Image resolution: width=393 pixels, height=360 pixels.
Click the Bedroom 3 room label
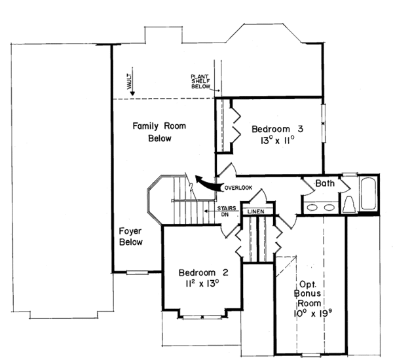coord(277,129)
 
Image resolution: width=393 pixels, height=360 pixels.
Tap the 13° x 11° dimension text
coord(277,141)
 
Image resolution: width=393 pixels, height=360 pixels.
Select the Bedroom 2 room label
coord(204,272)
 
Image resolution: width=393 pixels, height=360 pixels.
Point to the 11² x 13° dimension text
coord(202,283)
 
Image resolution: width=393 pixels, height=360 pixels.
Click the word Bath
coord(325,183)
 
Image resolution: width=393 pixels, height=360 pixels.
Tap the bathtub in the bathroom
coord(368,193)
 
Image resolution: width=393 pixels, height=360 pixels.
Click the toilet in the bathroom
coord(349,204)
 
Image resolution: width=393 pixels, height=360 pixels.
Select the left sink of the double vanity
coord(312,207)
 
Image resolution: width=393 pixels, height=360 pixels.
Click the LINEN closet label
coord(255,211)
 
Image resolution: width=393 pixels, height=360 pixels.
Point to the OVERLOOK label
coord(238,188)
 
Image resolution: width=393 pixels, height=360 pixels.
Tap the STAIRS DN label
coord(227,211)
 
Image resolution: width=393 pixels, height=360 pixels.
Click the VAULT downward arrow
coord(132,81)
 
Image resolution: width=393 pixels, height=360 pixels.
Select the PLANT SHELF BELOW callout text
coord(200,81)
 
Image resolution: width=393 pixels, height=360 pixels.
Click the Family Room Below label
coord(159,132)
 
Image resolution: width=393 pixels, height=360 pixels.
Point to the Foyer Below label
coord(130,236)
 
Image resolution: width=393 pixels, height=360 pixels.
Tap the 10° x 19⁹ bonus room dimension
coord(310,313)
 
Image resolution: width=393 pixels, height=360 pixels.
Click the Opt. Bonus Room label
coord(309,294)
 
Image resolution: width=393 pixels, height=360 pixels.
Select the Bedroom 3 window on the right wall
coord(324,123)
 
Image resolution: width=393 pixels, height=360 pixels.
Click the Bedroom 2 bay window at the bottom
coord(202,317)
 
